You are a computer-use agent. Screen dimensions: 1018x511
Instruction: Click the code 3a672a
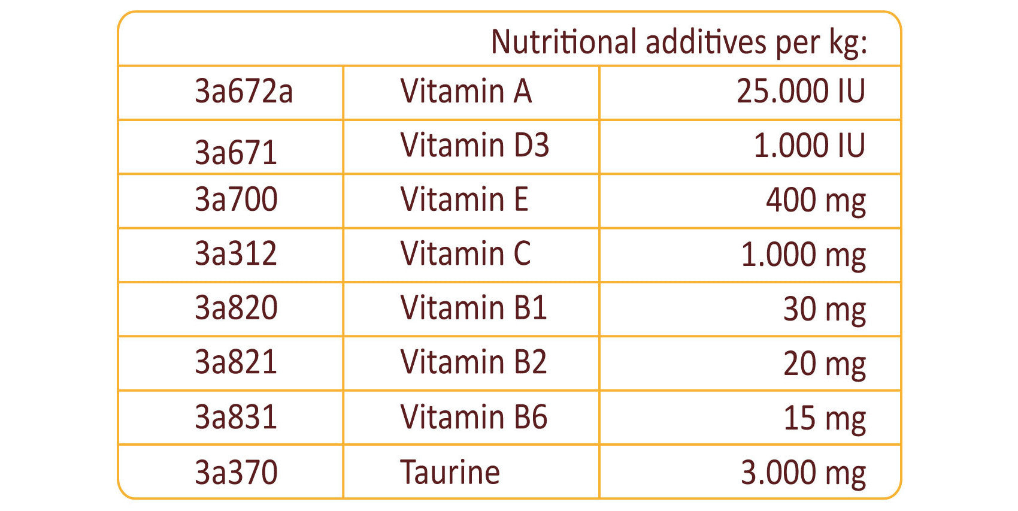[244, 91]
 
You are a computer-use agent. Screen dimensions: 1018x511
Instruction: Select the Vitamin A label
[466, 91]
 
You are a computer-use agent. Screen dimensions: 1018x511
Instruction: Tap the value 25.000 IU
[801, 91]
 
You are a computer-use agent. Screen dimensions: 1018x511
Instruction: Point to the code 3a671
[236, 152]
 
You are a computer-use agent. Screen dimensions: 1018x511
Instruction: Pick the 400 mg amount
[816, 201]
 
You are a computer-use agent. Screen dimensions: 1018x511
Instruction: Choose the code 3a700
[236, 199]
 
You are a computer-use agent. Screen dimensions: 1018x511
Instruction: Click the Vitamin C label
[465, 253]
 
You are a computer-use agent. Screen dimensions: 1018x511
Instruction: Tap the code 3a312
[236, 253]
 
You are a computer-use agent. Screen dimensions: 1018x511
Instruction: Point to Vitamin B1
[474, 308]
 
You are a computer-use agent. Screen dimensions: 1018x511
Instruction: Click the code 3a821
[236, 362]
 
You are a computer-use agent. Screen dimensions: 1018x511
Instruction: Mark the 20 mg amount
[825, 364]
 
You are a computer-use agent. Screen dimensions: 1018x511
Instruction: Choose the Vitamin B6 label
[474, 417]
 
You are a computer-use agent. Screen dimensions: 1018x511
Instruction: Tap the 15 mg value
[825, 418]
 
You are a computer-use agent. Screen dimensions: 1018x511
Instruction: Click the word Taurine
[450, 472]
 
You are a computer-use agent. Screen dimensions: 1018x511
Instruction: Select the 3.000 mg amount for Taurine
[803, 473]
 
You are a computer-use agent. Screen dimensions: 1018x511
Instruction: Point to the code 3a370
[236, 472]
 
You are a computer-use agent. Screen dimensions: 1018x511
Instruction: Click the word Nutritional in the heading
[563, 42]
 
